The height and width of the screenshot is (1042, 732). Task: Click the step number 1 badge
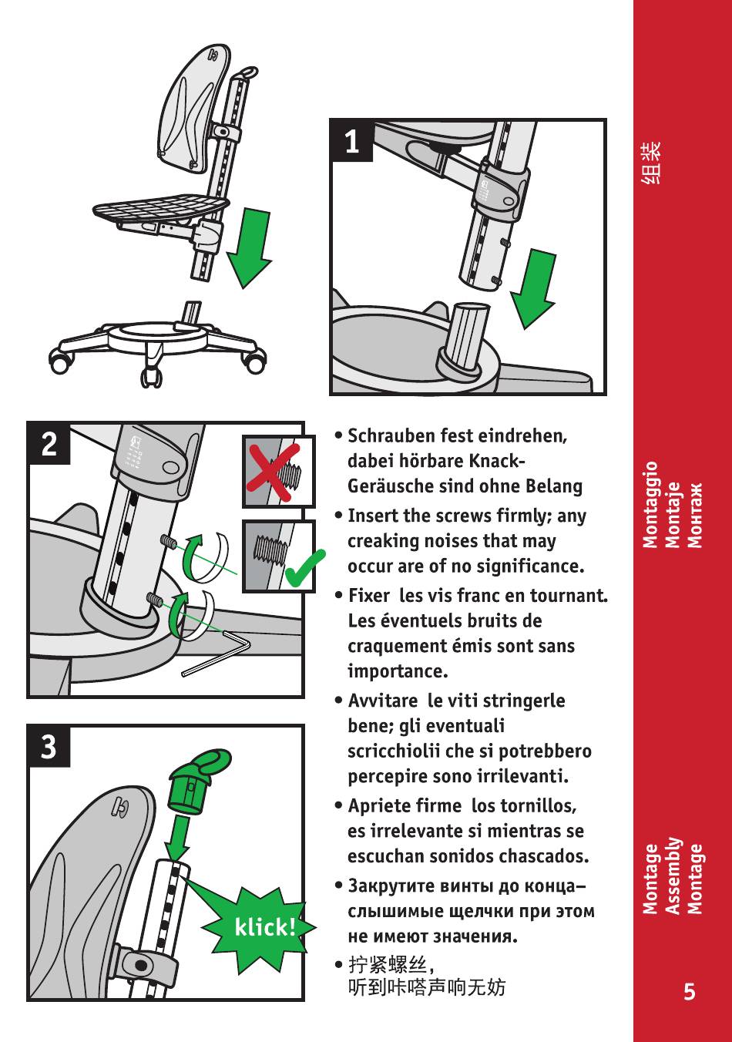click(352, 140)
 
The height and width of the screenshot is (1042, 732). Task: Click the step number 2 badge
click(49, 444)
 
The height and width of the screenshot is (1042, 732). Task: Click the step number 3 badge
click(49, 747)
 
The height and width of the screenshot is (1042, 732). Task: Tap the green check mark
click(305, 569)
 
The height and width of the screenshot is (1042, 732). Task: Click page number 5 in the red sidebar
click(690, 992)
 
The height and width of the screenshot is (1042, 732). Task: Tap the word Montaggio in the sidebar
click(650, 505)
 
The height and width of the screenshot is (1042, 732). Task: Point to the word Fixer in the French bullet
click(369, 596)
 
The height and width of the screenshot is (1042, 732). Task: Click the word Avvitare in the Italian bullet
click(383, 701)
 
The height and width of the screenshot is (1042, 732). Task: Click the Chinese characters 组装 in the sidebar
click(652, 163)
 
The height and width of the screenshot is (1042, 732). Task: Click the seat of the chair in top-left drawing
click(160, 208)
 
